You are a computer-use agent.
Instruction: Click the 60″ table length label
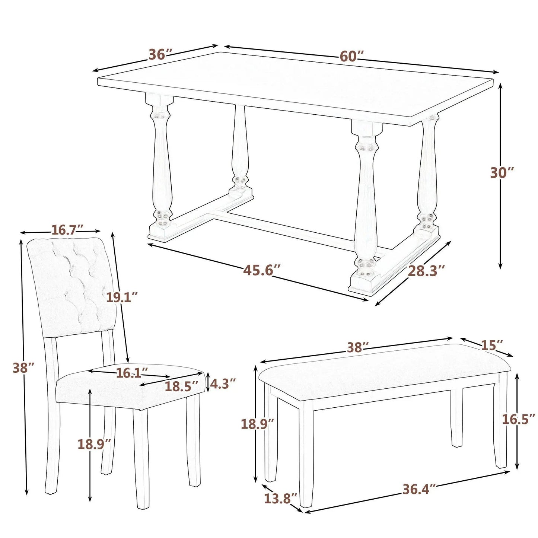point(351,57)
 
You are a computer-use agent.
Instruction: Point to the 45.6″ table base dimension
point(262,270)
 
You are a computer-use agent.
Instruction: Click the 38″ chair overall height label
point(23,368)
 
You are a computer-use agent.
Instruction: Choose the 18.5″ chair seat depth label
point(181,386)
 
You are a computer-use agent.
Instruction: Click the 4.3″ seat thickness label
point(223,384)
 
